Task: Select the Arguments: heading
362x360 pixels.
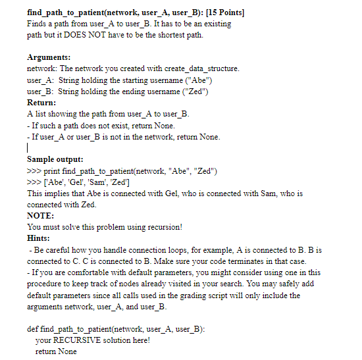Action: coord(49,57)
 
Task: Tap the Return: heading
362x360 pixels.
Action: coord(41,103)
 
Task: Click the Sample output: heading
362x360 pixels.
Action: coord(55,159)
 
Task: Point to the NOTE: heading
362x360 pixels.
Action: coord(41,216)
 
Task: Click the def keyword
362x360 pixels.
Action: coord(33,329)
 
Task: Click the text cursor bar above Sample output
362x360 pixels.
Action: coord(28,149)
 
